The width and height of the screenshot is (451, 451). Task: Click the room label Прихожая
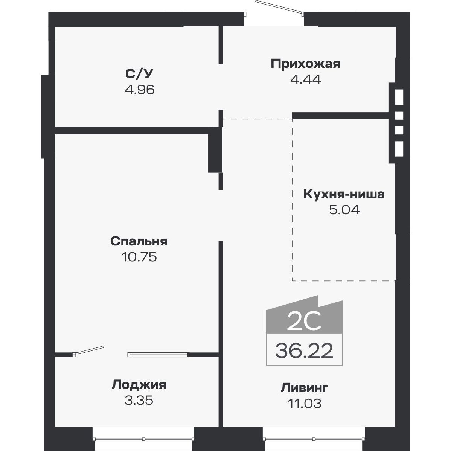coord(305,64)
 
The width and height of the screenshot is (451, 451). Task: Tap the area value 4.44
coord(305,79)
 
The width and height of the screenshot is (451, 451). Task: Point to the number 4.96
coord(139,90)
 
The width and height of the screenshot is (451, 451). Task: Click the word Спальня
coord(139,241)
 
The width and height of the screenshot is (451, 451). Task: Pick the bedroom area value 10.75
coord(139,257)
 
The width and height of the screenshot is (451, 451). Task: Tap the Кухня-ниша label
coord(344,194)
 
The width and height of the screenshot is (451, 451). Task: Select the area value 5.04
coord(344,210)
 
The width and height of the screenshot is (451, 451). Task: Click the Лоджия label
coord(139,385)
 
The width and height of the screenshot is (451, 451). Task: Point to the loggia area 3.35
coord(139,400)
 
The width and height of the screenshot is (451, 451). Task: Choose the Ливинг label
coord(305,387)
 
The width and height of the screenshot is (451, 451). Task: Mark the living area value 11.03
coord(305,404)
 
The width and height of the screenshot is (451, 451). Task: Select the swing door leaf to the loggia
coord(90,350)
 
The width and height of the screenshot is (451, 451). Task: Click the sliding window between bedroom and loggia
coord(157,355)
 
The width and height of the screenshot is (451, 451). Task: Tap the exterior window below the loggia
coord(143,439)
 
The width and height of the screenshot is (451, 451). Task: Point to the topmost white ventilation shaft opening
coord(399,97)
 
